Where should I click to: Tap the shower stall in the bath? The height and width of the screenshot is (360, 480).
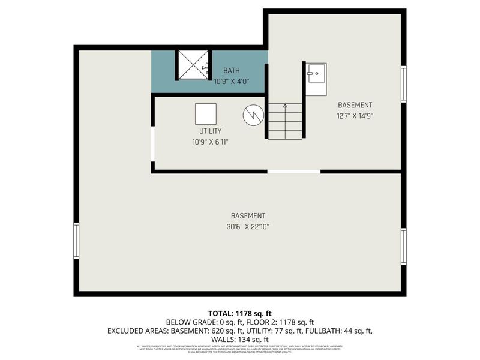coord(192,65)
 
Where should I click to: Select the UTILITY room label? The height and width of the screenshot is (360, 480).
coord(210,131)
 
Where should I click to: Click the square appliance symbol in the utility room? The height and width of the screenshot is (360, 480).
coord(206,114)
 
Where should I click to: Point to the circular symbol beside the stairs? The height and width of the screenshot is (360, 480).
coord(253,115)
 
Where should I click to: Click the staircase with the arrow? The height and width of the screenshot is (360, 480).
coord(285,121)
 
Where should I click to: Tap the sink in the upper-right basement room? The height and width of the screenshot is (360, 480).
coord(315,79)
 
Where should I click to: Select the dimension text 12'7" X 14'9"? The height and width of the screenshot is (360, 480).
coord(355,116)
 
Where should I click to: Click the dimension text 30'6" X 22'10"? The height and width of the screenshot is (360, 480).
coord(248,227)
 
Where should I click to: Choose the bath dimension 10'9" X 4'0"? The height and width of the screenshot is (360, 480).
coord(231,82)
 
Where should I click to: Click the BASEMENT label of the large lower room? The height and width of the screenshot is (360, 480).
coord(248,216)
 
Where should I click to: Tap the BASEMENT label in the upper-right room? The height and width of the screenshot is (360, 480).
coord(355,105)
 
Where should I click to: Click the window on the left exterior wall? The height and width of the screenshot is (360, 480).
coord(76,241)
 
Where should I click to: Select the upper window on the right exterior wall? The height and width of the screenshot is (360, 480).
coord(404,84)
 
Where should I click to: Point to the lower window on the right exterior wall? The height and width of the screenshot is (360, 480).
coord(404,246)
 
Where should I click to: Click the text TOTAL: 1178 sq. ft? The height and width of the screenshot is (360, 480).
coord(240,313)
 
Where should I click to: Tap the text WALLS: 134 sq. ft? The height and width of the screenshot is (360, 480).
coord(240,339)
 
